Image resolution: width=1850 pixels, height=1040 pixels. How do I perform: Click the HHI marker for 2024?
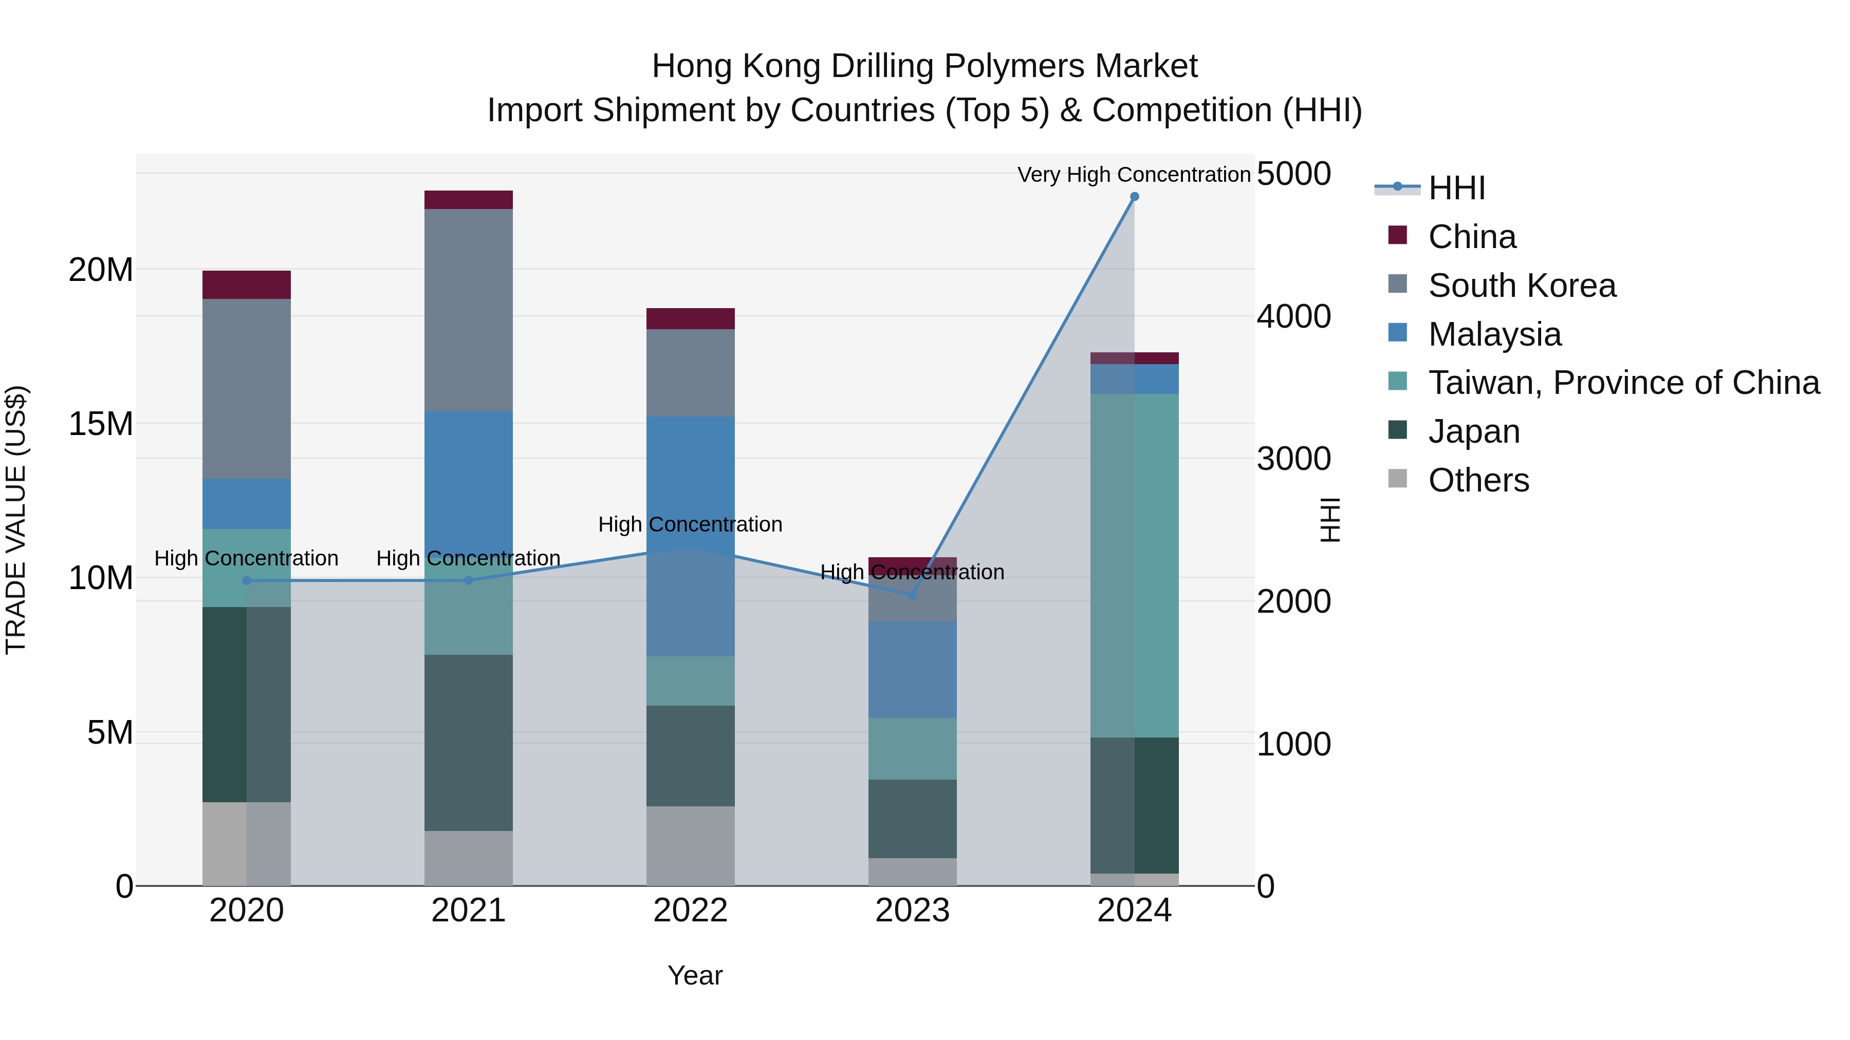(x=1134, y=197)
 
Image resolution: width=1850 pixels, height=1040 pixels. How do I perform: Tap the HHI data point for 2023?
(x=912, y=595)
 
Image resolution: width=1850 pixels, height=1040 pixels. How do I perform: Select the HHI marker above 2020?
(x=246, y=581)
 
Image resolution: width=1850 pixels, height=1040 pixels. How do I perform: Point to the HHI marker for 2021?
(x=468, y=581)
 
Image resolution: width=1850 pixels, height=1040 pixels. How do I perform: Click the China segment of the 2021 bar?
(x=468, y=200)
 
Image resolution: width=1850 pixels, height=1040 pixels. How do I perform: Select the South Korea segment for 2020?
(x=246, y=388)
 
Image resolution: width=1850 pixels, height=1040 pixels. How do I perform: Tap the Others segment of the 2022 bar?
(x=690, y=845)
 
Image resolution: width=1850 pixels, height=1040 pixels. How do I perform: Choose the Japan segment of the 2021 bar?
(x=468, y=742)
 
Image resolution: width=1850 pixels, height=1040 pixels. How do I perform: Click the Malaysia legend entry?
(x=1494, y=334)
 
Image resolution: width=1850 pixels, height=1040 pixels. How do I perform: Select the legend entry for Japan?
(x=1474, y=432)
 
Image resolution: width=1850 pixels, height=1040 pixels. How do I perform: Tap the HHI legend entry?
(x=1456, y=188)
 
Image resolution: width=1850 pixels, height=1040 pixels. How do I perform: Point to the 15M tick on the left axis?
(x=101, y=424)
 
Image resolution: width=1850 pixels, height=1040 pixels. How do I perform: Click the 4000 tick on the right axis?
(x=1293, y=316)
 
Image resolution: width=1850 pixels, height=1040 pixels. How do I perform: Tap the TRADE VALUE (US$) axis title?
(x=16, y=520)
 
